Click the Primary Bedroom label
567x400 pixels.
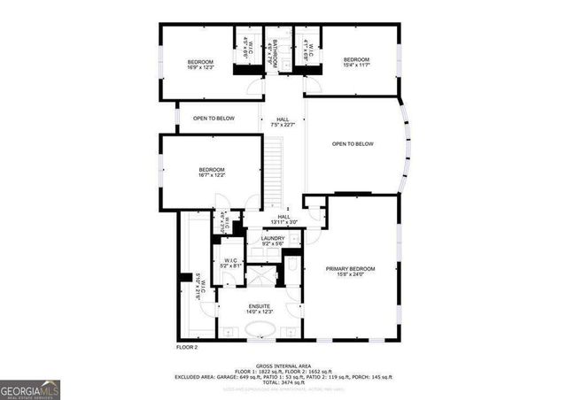tap(350, 272)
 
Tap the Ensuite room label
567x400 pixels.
tap(260, 309)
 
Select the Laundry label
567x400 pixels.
tap(273, 241)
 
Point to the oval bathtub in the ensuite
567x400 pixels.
tap(260, 332)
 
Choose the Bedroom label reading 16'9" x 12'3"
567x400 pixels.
tap(200, 64)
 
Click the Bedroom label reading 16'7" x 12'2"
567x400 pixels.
tap(211, 173)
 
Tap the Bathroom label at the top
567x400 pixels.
tap(275, 54)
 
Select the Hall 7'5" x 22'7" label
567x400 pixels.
tap(283, 122)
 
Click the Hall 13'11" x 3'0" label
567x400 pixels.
tap(283, 219)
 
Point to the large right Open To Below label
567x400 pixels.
tap(353, 144)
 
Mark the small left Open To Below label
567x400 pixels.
tap(214, 118)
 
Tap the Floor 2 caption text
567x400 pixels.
tap(186, 347)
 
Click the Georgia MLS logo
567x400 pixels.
tap(29, 389)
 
